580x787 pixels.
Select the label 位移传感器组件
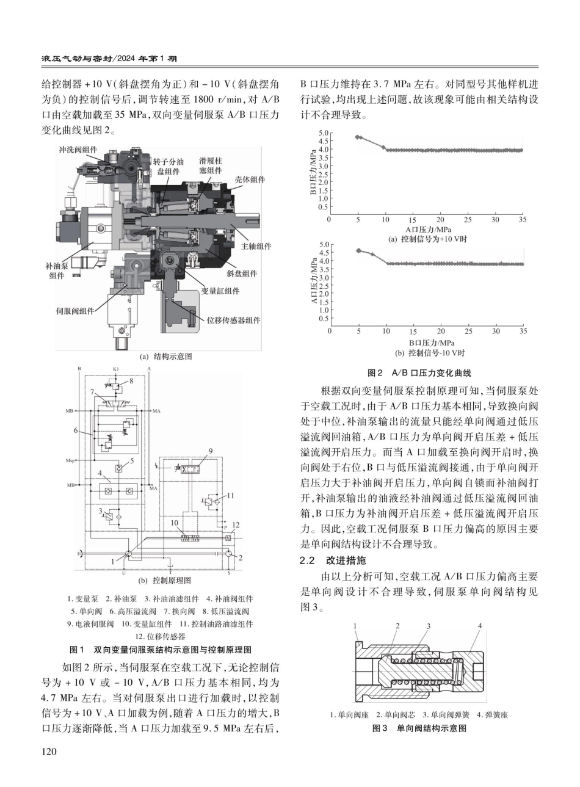pos(233,320)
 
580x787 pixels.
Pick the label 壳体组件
pos(250,179)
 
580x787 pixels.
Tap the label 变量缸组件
pos(220,291)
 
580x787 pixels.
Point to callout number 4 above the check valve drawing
pos(480,626)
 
